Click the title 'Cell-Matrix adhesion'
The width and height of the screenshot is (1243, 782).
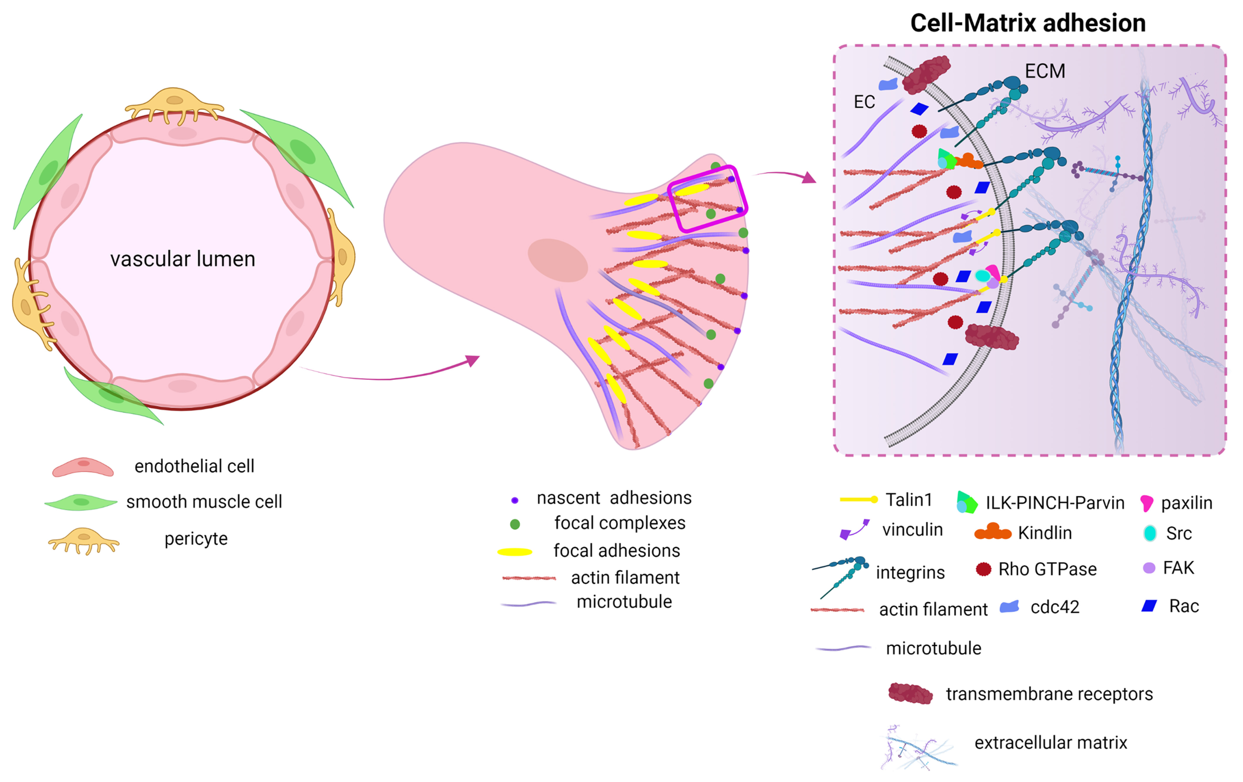click(1027, 23)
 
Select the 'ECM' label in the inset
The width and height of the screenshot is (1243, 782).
click(1045, 71)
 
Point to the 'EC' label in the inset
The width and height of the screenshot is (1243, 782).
click(864, 102)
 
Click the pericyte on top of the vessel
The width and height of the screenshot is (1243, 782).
click(174, 105)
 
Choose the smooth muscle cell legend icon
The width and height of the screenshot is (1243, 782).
click(81, 502)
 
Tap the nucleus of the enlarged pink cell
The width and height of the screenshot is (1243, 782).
click(558, 260)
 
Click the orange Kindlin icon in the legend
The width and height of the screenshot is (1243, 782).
click(992, 532)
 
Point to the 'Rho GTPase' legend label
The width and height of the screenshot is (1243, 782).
click(1047, 569)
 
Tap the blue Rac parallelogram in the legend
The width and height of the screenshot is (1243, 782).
click(1149, 606)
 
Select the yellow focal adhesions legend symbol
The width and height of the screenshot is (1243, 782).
click(515, 552)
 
